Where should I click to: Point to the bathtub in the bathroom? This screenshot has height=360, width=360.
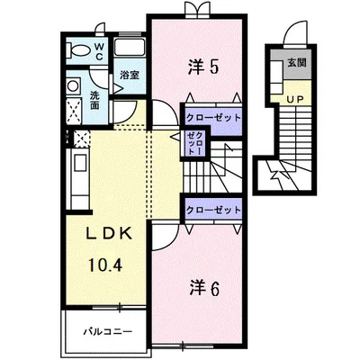pyautogui.click(x=131, y=50)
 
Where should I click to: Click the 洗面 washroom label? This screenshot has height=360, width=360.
pyautogui.click(x=95, y=99)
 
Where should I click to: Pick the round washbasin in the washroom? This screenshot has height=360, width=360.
pyautogui.click(x=74, y=87)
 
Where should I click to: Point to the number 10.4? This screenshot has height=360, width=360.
pyautogui.click(x=109, y=265)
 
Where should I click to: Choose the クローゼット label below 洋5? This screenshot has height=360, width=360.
pyautogui.click(x=213, y=117)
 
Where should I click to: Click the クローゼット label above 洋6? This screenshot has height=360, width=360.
pyautogui.click(x=213, y=209)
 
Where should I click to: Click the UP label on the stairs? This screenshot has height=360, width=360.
pyautogui.click(x=294, y=101)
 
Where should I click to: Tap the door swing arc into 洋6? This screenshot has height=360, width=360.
pyautogui.click(x=166, y=236)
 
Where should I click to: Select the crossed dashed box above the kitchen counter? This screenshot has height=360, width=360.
pyautogui.click(x=79, y=139)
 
